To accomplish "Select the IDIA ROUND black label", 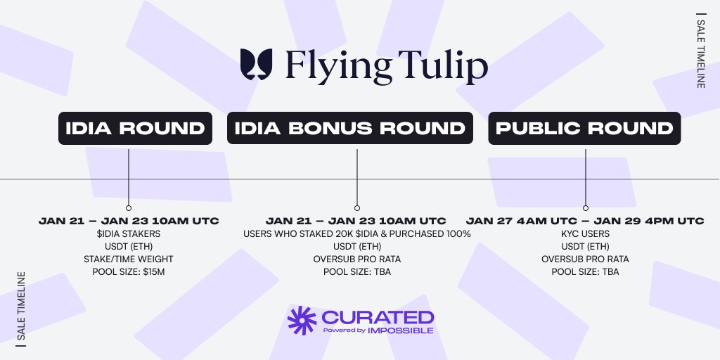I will pos(135,129).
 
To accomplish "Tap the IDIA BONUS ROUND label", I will pos(349,129).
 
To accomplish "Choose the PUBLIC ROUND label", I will pos(584,129).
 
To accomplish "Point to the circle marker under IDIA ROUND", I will pos(129,208).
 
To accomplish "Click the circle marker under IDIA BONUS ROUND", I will pos(357,208).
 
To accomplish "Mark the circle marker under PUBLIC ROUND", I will pos(585,208).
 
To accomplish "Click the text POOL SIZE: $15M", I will pos(129,271).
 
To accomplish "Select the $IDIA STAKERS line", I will pos(129,233).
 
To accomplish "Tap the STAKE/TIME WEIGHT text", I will pos(129,259).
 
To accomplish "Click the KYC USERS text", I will pos(585,233).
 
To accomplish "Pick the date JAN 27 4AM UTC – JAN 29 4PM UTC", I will pos(585,221).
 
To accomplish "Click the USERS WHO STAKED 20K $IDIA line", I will pos(357,233).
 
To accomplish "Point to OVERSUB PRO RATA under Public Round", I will pos(585,259).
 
